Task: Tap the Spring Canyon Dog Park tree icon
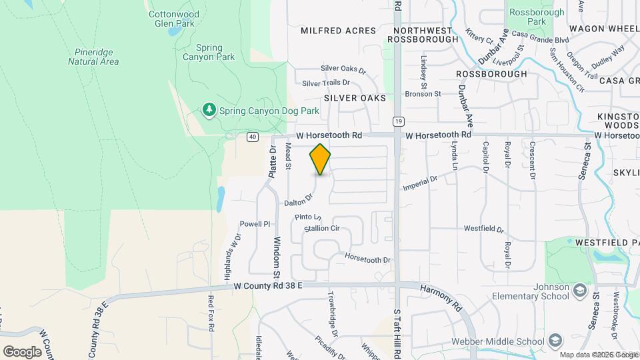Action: (209, 109)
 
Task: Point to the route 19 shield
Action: (398, 121)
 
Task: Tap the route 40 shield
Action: (252, 137)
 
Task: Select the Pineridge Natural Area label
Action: (93, 57)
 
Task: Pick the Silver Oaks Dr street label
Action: (343, 69)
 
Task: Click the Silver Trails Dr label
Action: (326, 83)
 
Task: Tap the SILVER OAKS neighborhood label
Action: (355, 98)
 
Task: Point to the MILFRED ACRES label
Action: (339, 31)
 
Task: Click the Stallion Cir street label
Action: (322, 229)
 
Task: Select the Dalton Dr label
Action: (298, 200)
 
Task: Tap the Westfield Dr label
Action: (484, 229)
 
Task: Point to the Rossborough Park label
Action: (536, 17)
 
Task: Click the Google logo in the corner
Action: (22, 351)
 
